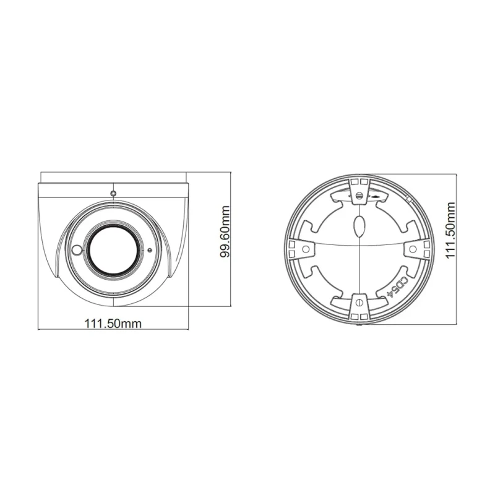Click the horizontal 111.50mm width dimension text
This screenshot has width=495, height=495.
[113, 324]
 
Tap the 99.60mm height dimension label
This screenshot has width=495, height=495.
[225, 231]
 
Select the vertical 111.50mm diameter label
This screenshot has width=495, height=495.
[450, 230]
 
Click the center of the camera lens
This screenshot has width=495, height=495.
[114, 251]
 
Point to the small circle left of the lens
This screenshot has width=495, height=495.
[77, 250]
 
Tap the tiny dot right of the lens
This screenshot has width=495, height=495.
[150, 251]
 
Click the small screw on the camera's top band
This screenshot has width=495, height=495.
[113, 193]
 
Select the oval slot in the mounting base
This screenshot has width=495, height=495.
[359, 226]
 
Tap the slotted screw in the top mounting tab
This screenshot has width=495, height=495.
[359, 196]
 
